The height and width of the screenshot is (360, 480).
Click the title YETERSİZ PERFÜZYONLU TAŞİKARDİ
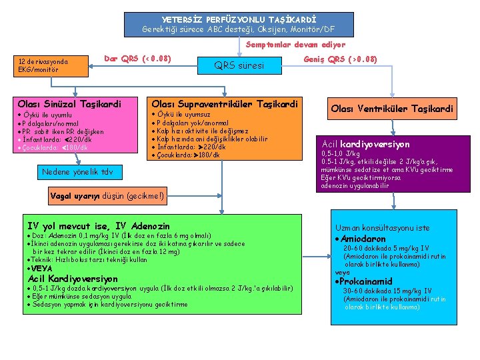click(x=239, y=19)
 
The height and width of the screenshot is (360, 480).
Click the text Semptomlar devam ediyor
click(x=296, y=45)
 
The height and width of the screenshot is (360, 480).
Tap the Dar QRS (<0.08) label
click(x=137, y=59)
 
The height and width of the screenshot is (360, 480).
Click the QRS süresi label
click(x=239, y=65)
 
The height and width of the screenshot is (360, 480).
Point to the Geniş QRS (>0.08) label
click(x=340, y=59)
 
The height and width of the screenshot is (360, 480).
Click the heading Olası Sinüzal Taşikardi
click(x=69, y=104)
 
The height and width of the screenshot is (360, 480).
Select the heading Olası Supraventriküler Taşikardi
click(x=225, y=104)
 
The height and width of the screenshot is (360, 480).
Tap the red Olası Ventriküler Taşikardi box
click(x=392, y=109)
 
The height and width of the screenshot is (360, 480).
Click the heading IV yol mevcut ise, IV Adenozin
click(x=98, y=227)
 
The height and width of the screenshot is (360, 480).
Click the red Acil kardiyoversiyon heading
click(x=365, y=144)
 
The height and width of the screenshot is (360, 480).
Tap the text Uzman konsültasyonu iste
click(x=383, y=227)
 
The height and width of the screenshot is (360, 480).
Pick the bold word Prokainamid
click(x=368, y=281)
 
